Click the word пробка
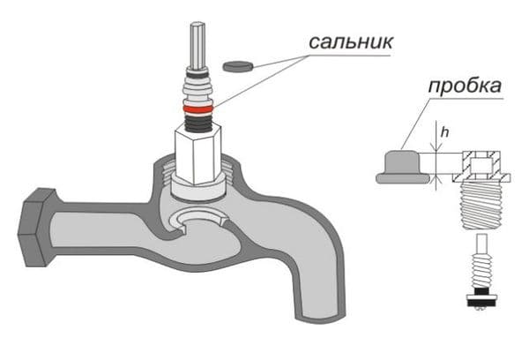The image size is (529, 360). click(465, 86)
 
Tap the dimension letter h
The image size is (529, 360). click(445, 133)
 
